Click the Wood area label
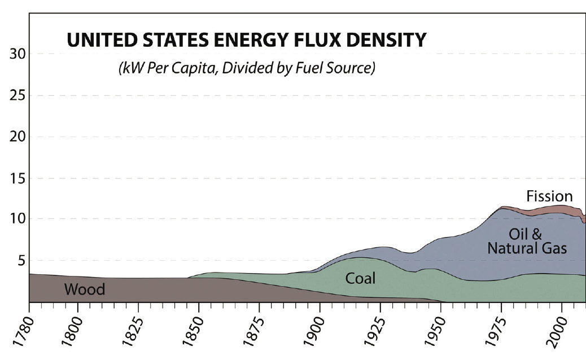(85, 290)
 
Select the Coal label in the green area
(361, 278)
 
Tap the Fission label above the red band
(549, 196)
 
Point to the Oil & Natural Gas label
(527, 241)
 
